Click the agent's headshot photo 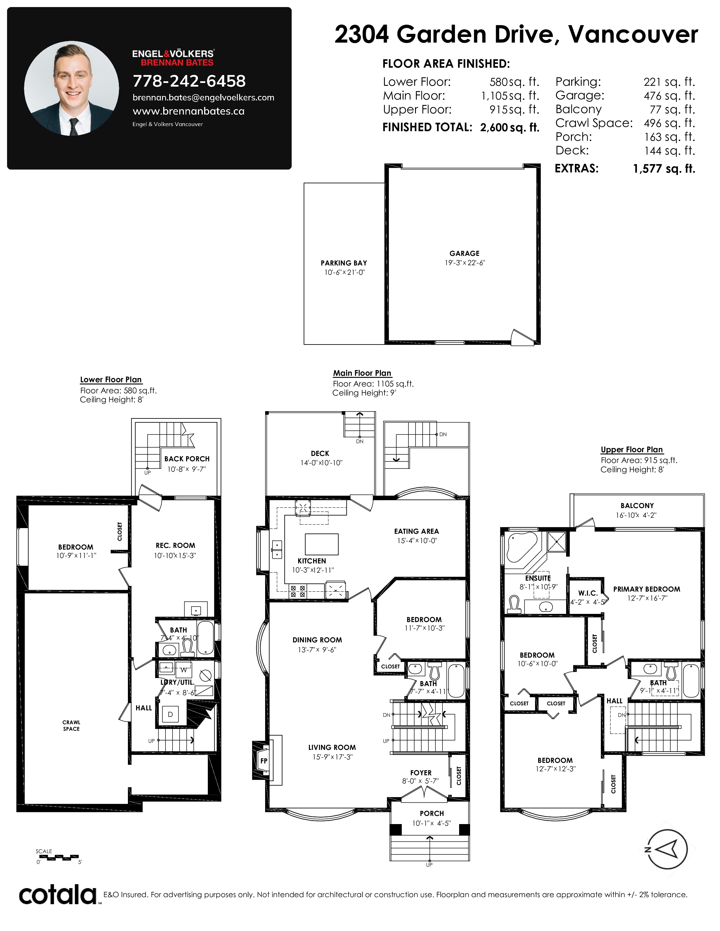point(72,88)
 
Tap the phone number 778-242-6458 point(189,81)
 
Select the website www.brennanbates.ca point(189,111)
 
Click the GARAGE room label point(464,253)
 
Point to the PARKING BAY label point(344,263)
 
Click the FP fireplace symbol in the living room point(264,761)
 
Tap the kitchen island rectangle point(322,544)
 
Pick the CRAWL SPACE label point(71,726)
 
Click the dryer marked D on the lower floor point(170,714)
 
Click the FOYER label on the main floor point(421,772)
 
